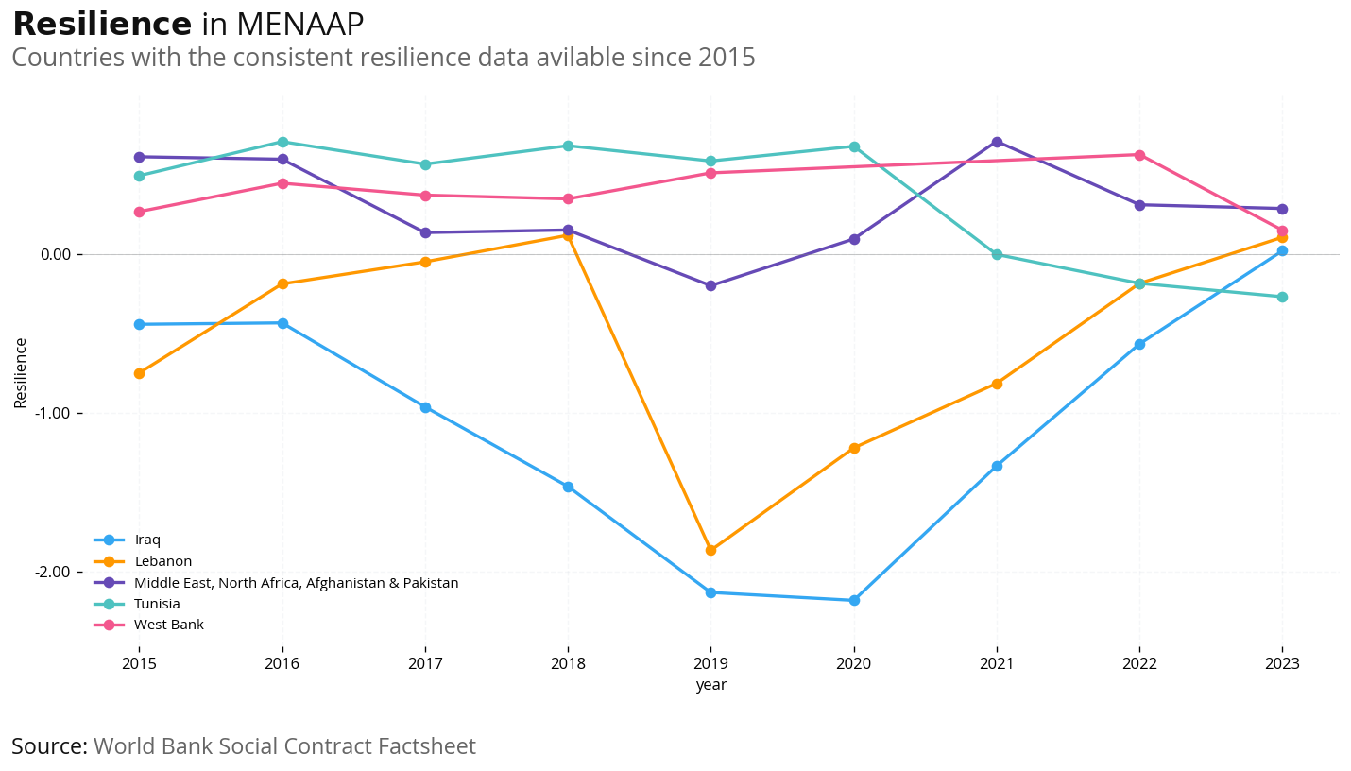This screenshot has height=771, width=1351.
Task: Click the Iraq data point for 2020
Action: point(854,600)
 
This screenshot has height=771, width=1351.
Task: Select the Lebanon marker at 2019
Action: point(710,550)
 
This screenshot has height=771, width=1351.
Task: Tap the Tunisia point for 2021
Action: point(997,254)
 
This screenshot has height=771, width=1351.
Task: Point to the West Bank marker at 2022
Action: point(1139,155)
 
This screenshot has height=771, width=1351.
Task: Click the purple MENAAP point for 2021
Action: point(997,142)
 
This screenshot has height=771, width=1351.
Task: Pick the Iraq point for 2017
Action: point(425,407)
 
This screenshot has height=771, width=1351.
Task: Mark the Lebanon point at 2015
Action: point(139,373)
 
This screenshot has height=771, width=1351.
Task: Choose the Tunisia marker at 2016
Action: point(282,142)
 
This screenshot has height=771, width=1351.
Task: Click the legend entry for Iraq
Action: point(147,540)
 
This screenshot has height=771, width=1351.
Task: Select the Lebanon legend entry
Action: point(162,561)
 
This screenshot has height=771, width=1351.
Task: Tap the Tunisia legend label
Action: point(157,604)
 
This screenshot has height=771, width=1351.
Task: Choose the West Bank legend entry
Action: point(168,625)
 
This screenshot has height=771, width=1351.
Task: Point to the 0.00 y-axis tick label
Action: point(56,254)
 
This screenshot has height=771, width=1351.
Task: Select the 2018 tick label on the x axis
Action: point(568,664)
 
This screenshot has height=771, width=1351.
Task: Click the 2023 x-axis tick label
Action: point(1282,664)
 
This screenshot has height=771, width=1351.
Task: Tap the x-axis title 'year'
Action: point(710,685)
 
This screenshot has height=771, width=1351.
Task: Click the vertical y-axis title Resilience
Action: point(21,372)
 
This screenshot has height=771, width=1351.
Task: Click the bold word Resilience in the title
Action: point(102,25)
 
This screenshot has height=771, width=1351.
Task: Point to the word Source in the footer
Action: point(49,746)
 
